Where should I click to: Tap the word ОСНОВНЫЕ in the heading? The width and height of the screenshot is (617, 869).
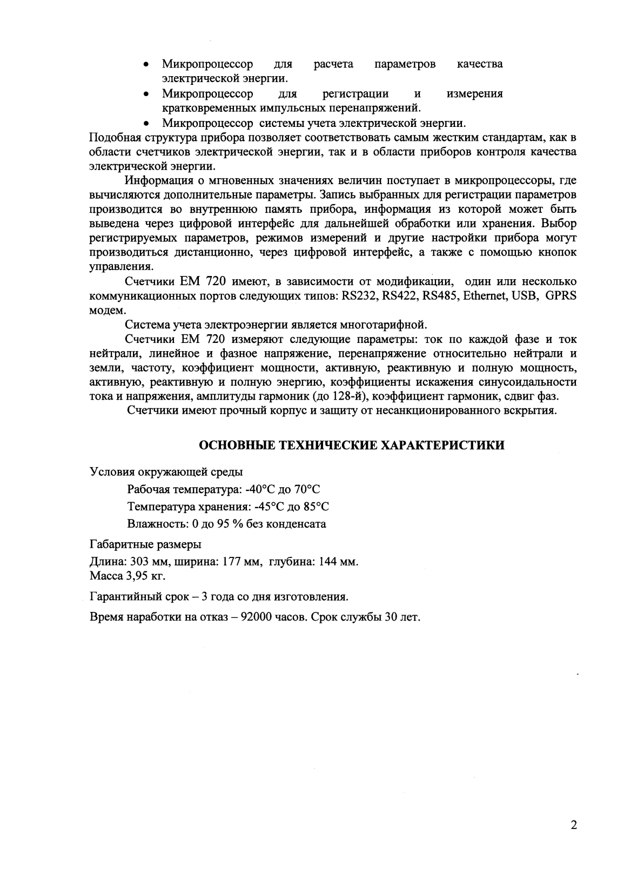coord(237,444)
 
